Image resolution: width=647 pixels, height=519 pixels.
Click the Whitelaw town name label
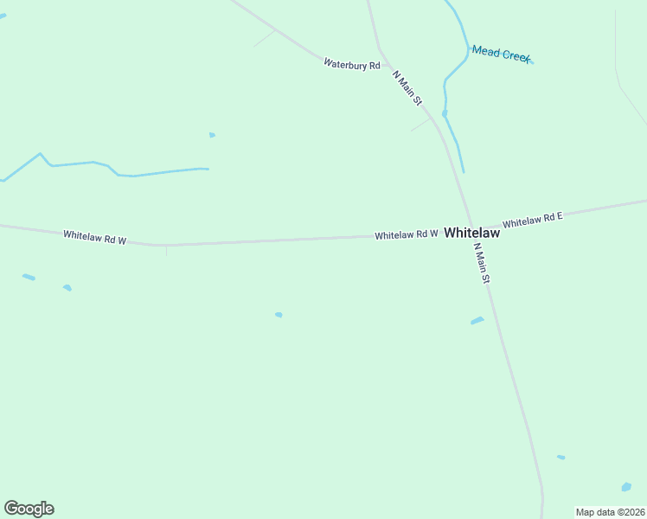tap(471, 234)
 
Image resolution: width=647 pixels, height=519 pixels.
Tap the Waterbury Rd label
tap(352, 64)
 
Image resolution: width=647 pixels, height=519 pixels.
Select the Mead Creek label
tap(501, 54)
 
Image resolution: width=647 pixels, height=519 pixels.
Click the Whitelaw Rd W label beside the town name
tap(407, 234)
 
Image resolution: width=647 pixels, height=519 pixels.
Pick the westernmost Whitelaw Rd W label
tap(94, 236)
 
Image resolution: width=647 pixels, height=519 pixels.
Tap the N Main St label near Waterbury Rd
tap(407, 88)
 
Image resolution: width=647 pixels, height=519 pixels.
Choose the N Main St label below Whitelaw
tap(482, 264)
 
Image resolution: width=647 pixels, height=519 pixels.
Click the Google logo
tap(29, 509)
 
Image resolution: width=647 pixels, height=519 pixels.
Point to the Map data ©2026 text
tap(610, 512)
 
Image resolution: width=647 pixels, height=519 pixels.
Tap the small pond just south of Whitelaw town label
tap(477, 321)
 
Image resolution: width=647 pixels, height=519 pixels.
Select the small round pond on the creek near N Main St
tap(445, 113)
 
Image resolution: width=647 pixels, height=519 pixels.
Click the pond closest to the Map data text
tap(626, 487)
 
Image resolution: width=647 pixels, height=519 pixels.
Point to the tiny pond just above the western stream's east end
tap(212, 135)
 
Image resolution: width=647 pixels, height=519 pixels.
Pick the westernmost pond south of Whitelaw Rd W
tap(29, 277)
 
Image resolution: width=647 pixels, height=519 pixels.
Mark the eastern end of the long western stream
tap(208, 169)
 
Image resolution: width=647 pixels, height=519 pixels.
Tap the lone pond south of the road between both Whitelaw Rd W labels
tap(279, 315)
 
